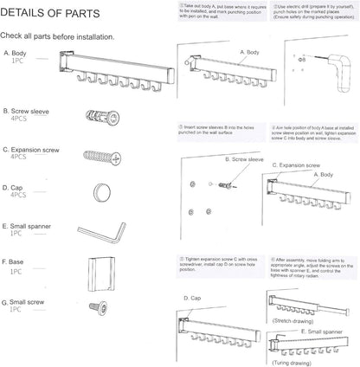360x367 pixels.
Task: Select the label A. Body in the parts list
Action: point(19,54)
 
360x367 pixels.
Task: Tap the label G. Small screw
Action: point(28,303)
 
